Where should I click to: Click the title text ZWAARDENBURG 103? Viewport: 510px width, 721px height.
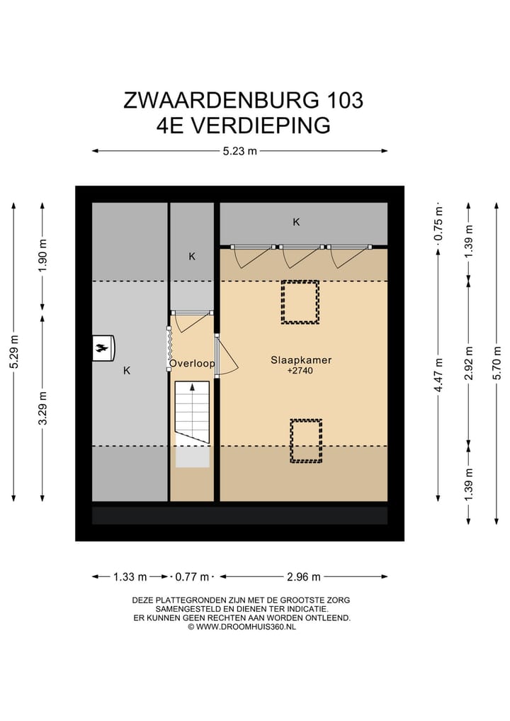pos(243,100)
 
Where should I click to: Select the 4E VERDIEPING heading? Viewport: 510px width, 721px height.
pos(243,125)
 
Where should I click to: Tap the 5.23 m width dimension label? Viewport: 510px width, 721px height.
pos(239,150)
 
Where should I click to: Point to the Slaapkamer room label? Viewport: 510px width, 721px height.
pos(301,360)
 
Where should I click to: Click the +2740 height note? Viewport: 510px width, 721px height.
pos(300,371)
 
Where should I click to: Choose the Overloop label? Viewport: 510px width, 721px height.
pos(191,364)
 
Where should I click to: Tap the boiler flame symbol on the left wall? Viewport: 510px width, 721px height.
pos(103,347)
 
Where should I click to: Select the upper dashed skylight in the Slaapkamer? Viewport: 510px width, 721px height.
pos(300,302)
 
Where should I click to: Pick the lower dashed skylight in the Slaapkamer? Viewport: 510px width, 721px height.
pos(305,440)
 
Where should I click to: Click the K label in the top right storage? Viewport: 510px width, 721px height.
pos(297,222)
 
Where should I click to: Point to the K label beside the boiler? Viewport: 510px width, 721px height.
pos(127,370)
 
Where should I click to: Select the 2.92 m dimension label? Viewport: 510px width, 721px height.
pos(467,363)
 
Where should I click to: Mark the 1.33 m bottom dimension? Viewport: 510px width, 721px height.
pos(130,576)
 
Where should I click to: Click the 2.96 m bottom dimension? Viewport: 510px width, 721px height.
pos(304,576)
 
